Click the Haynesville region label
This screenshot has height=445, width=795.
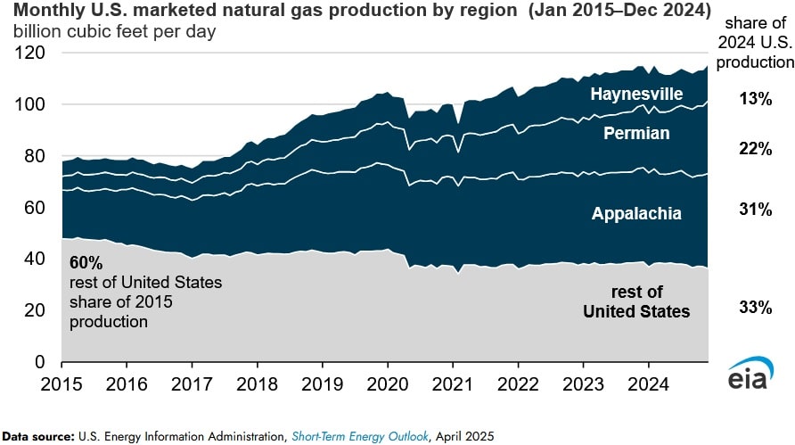coord(635,94)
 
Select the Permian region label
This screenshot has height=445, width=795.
coord(637,134)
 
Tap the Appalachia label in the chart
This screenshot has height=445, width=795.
coord(636,213)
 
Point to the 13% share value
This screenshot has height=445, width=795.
coord(754,99)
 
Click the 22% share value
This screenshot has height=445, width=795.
coord(754,149)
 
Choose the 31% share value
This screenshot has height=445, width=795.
coord(754,209)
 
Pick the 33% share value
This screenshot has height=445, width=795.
coord(754,308)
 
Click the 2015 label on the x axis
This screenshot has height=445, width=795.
coord(61,380)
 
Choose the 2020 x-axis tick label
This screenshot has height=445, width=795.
coord(387,380)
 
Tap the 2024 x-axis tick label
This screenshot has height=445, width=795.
coord(647,380)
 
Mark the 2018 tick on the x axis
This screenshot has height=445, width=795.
coord(257,380)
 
